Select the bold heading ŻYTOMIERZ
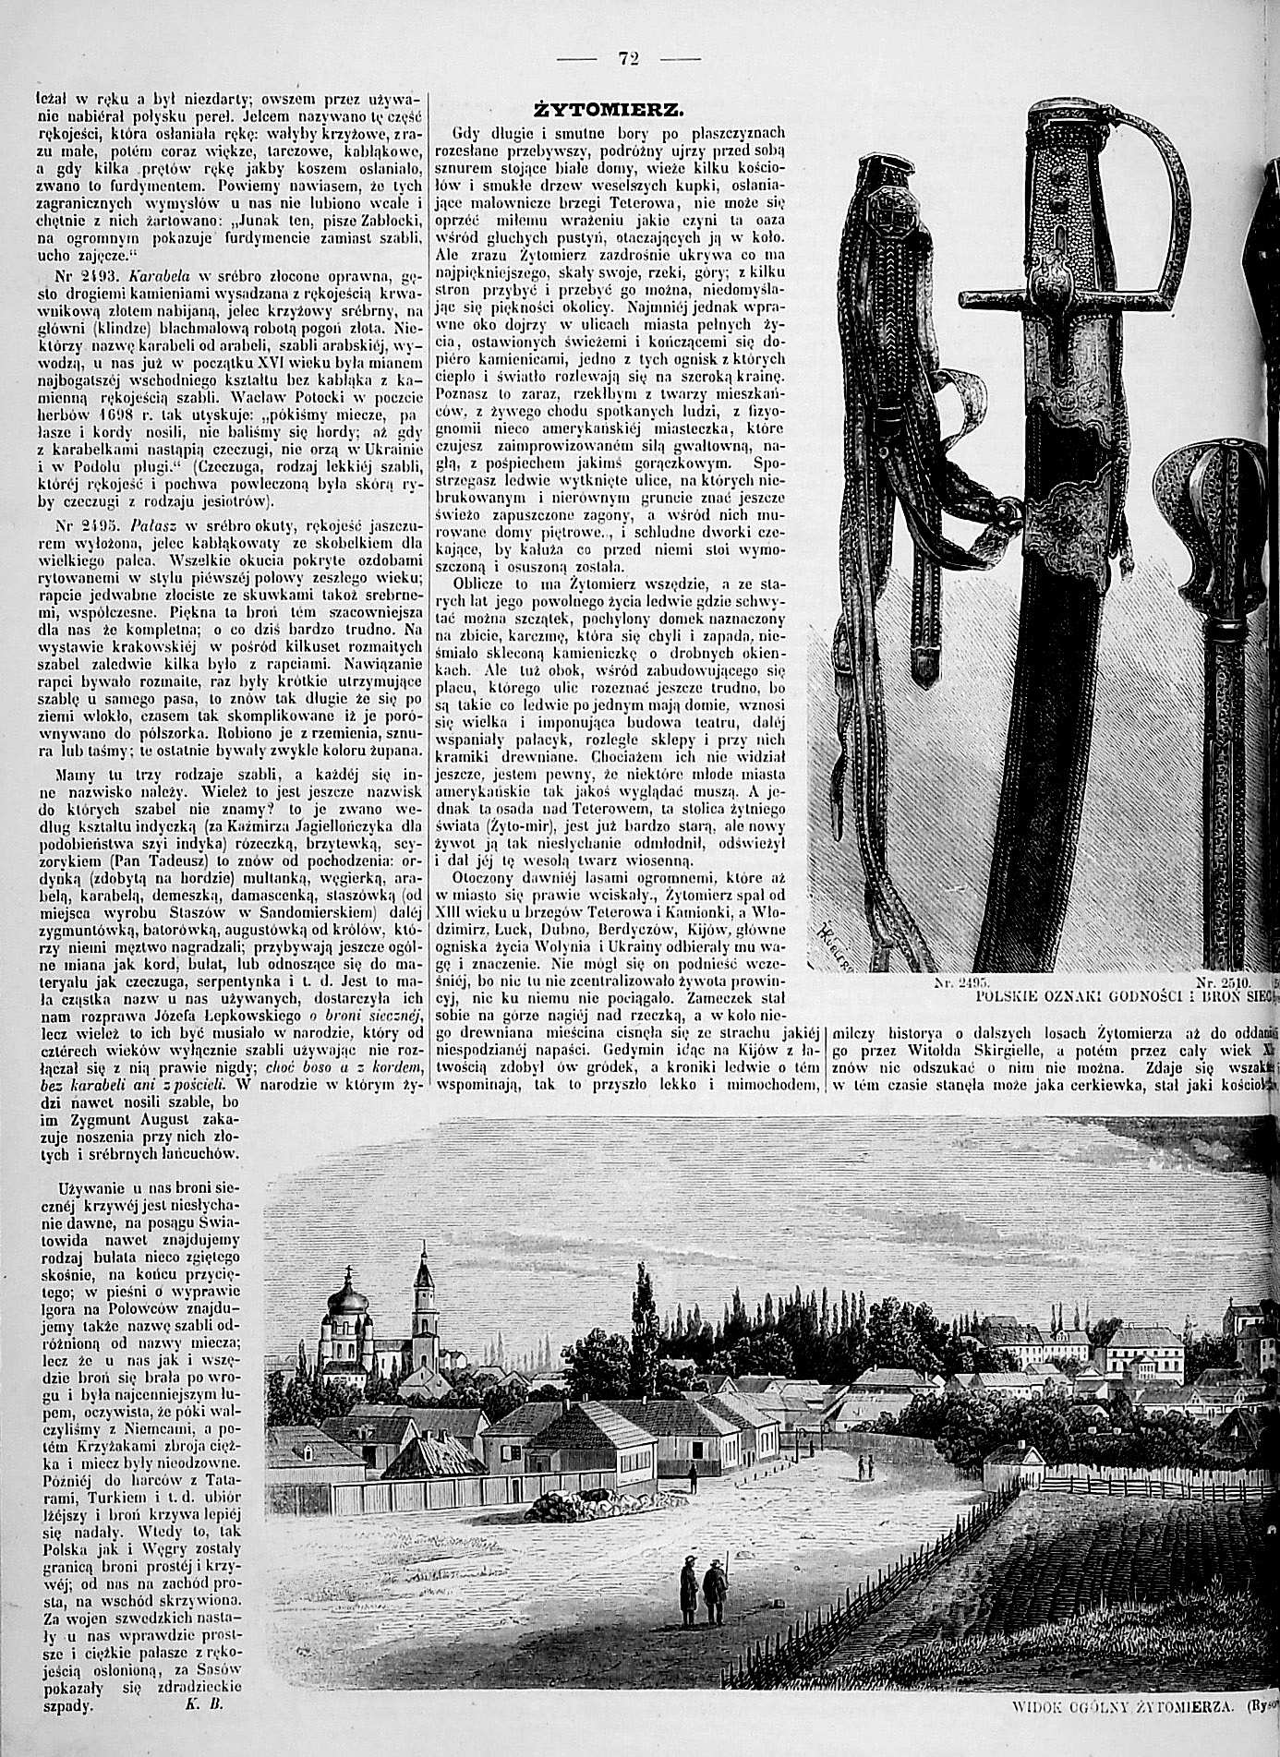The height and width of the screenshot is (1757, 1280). (x=612, y=110)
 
